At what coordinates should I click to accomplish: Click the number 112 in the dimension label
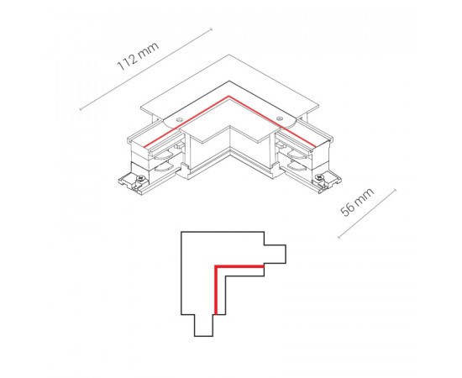point(128,62)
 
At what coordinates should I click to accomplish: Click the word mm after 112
point(149,50)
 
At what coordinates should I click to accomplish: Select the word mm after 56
point(365,195)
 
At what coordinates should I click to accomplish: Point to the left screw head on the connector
point(140,178)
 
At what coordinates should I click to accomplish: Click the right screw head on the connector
point(319,177)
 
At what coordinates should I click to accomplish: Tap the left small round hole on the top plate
point(179,119)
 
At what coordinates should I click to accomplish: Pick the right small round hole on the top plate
point(280,118)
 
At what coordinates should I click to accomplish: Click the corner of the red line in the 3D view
point(228,96)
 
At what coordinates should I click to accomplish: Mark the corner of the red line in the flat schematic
point(216,266)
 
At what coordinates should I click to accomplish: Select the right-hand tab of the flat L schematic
point(275,254)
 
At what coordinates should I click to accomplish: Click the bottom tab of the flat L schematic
point(203,325)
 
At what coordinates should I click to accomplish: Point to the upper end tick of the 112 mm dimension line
point(211,29)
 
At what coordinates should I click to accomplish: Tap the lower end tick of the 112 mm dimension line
point(81,109)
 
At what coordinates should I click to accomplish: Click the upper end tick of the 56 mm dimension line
point(395,190)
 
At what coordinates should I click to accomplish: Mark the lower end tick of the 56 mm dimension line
point(339,237)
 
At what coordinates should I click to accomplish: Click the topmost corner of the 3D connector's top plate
point(229,55)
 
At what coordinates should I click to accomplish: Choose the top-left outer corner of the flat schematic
point(181,232)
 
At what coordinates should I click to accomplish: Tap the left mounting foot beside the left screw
point(128,182)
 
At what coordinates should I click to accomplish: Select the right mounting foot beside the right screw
point(332,181)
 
